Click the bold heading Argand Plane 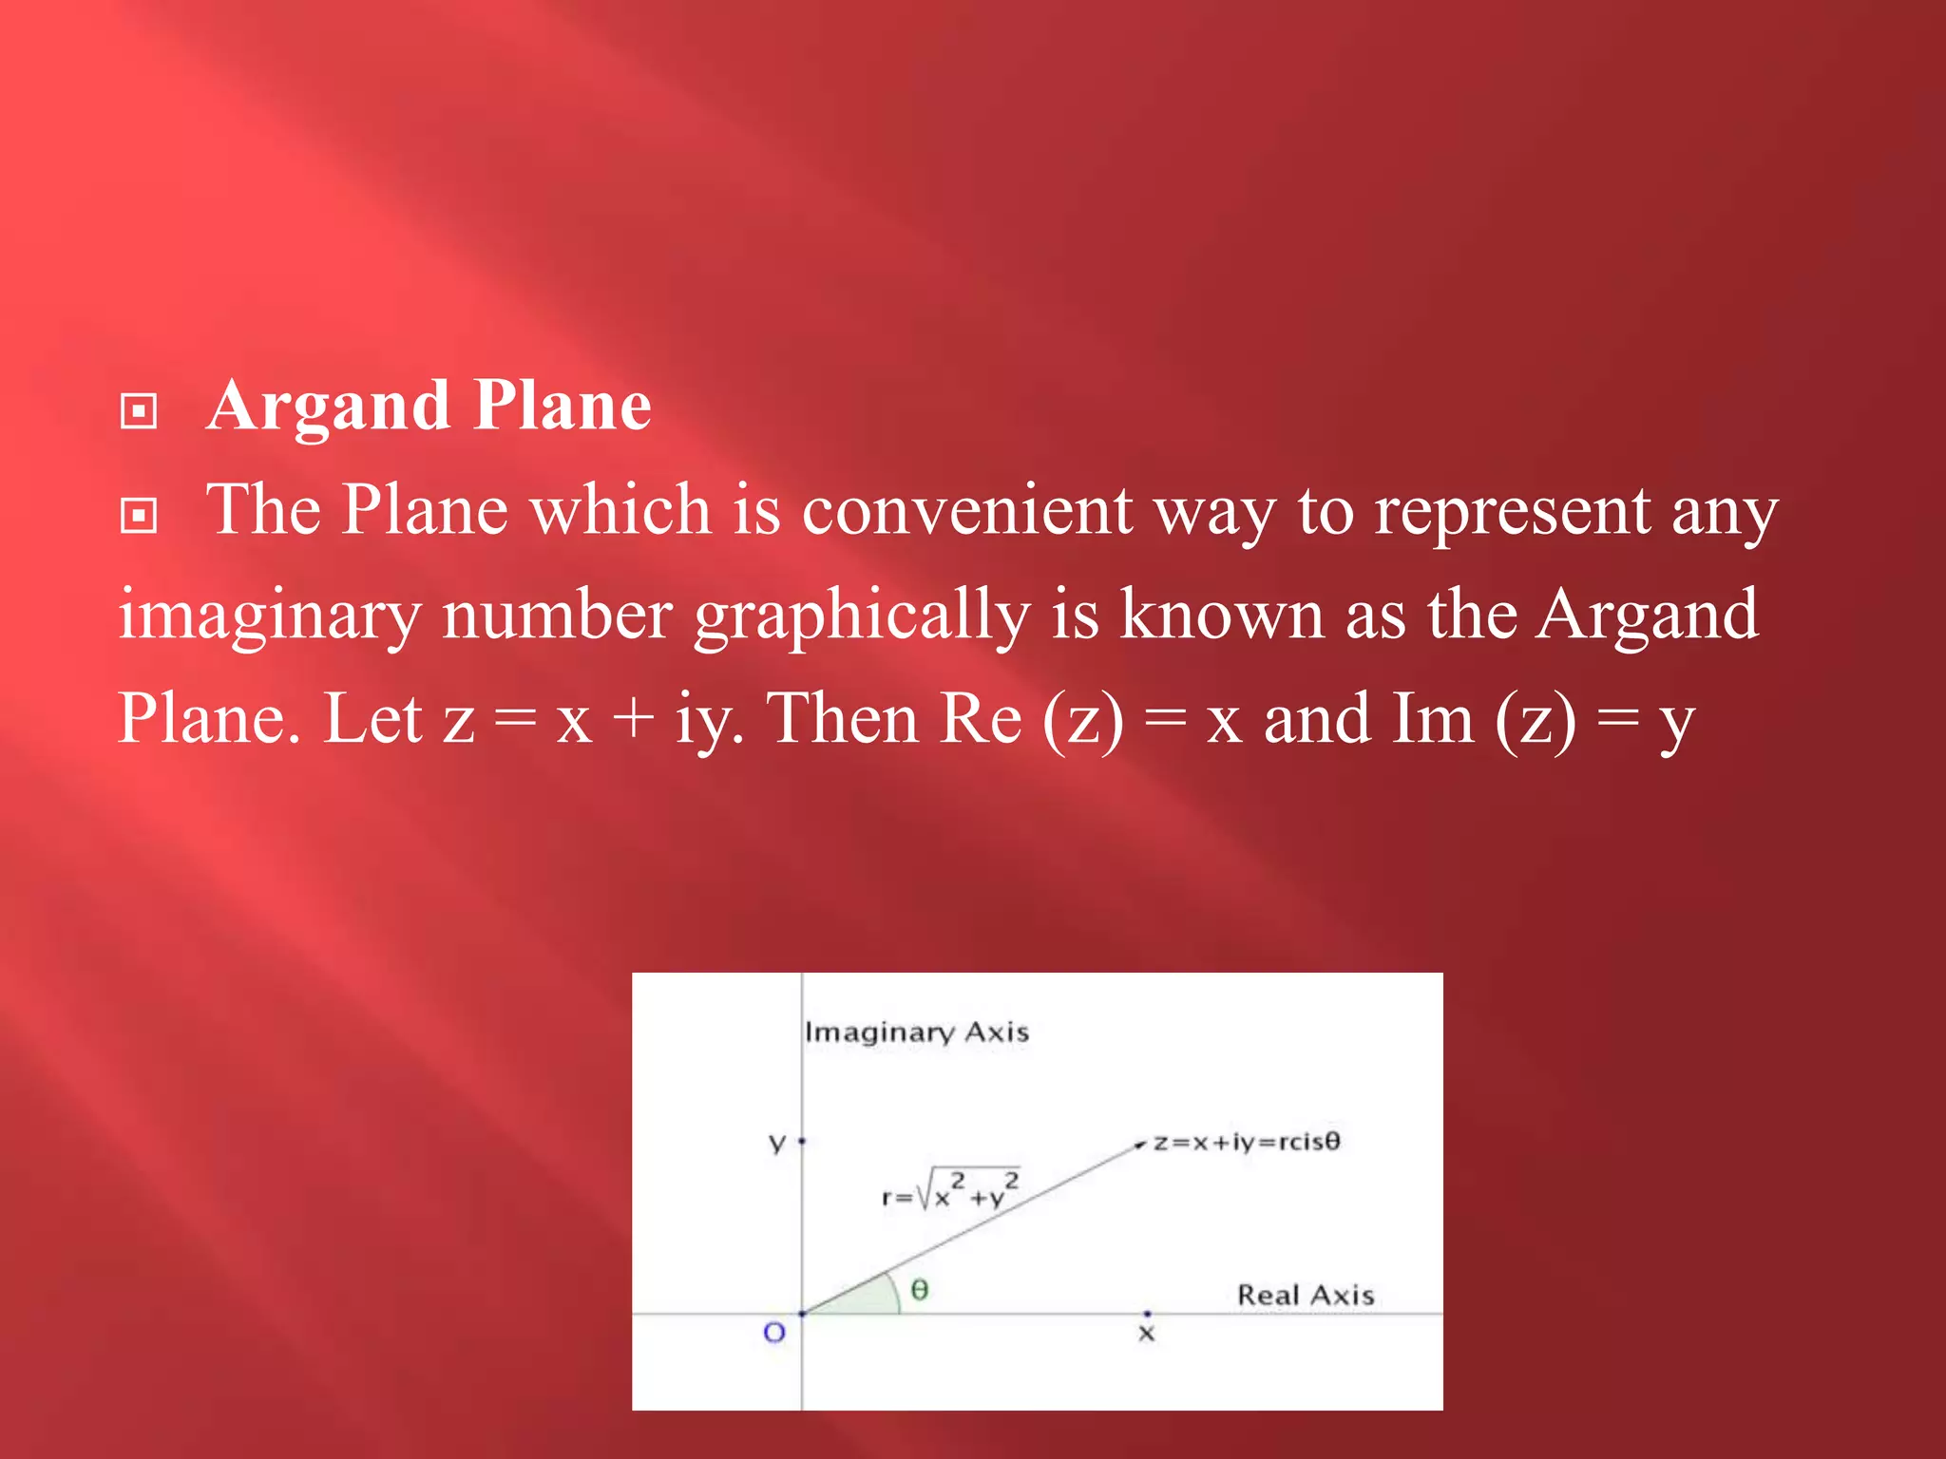pos(429,407)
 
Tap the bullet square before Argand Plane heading pos(139,412)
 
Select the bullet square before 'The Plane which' pos(139,516)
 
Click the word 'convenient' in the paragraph pos(966,511)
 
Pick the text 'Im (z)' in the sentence pos(1483,719)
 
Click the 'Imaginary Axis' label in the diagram pos(916,1033)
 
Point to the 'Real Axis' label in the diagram pos(1305,1296)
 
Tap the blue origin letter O pos(774,1333)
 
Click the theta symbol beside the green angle pos(919,1290)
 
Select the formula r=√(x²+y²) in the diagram pos(950,1189)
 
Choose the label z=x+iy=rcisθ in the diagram pos(1246,1142)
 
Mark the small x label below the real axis pos(1146,1335)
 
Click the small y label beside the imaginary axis pos(777,1143)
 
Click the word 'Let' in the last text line pos(372,719)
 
